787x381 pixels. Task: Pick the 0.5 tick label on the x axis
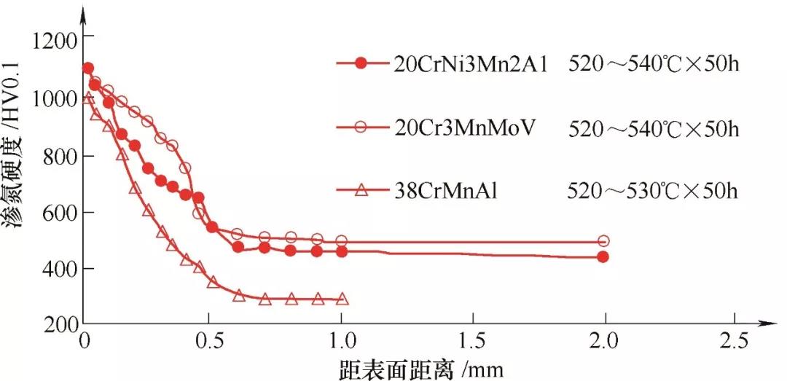point(210,341)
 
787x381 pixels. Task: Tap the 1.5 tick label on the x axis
point(472,341)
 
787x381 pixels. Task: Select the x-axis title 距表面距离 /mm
point(421,368)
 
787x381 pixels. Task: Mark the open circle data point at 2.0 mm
point(603,241)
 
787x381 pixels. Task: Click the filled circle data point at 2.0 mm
point(603,256)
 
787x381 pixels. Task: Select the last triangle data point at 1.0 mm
point(342,299)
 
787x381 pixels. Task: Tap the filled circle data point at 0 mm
point(88,68)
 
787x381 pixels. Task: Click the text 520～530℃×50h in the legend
point(653,191)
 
